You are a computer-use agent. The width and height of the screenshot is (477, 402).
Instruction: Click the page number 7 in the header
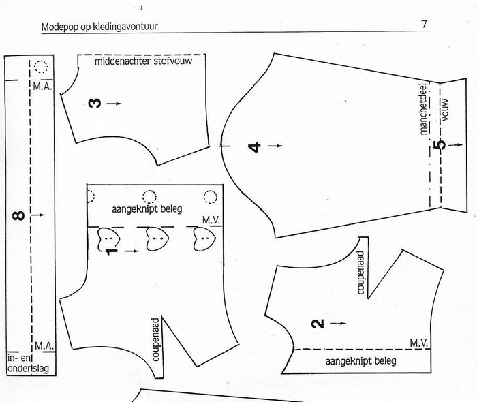tap(424, 24)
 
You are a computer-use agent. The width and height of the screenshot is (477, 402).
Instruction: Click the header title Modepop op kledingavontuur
tap(99, 27)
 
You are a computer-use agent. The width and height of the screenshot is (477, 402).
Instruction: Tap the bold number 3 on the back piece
tap(94, 103)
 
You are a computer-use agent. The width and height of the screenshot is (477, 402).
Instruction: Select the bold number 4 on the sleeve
tap(255, 147)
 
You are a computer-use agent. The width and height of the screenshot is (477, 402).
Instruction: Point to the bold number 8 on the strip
tap(18, 215)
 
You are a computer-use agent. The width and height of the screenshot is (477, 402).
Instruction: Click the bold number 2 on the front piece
tap(318, 324)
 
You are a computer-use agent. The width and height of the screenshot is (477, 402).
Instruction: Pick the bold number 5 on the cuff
tap(440, 144)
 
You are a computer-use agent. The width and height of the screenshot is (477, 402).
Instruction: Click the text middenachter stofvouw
tap(143, 61)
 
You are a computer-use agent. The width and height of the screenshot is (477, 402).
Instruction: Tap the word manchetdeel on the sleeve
tap(423, 109)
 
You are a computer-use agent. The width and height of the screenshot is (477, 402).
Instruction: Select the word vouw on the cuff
tap(445, 110)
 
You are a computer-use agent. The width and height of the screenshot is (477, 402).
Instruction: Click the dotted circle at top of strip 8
tap(41, 67)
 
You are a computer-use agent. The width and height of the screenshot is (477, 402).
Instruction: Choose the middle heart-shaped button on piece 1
tap(157, 239)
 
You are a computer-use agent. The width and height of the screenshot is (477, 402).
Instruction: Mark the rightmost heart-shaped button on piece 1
tap(204, 239)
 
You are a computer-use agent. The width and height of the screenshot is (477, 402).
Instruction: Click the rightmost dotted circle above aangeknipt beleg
tap(210, 197)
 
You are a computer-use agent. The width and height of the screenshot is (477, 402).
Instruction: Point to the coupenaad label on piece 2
tap(360, 273)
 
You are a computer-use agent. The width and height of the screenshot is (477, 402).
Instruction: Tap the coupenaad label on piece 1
tap(155, 340)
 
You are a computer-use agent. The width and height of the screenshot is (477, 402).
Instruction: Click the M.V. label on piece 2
tap(419, 343)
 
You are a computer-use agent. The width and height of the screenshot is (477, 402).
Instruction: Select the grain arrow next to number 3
tap(114, 104)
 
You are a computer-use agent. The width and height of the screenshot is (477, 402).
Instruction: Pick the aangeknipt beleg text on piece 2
tap(360, 361)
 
